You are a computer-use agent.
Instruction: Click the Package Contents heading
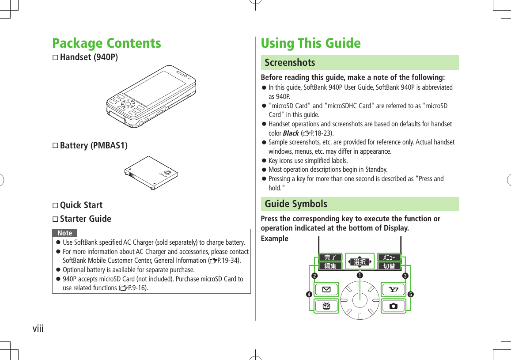pyautogui.click(x=106, y=43)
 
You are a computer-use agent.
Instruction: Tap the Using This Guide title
pyautogui.click(x=310, y=43)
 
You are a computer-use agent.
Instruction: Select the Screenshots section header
pyautogui.click(x=290, y=63)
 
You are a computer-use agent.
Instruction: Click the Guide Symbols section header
pyautogui.click(x=296, y=204)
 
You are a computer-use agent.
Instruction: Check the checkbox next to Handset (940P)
pyautogui.click(x=55, y=58)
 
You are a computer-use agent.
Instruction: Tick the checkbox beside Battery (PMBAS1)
pyautogui.click(x=55, y=146)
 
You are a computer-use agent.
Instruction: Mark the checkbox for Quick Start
pyautogui.click(x=55, y=205)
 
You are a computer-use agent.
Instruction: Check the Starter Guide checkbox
pyautogui.click(x=55, y=219)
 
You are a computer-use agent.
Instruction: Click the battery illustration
pyautogui.click(x=151, y=173)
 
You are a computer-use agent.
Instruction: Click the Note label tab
pyautogui.click(x=65, y=233)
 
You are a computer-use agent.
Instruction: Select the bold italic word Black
pyautogui.click(x=290, y=133)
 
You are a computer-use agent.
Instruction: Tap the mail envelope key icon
pyautogui.click(x=327, y=290)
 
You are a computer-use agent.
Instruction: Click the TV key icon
pyautogui.click(x=327, y=306)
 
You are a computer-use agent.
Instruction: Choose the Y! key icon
pyautogui.click(x=393, y=290)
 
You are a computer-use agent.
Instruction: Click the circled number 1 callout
pyautogui.click(x=360, y=275)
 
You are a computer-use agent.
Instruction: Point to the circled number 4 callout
pyautogui.click(x=310, y=294)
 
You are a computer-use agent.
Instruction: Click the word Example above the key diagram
pyautogui.click(x=274, y=239)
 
